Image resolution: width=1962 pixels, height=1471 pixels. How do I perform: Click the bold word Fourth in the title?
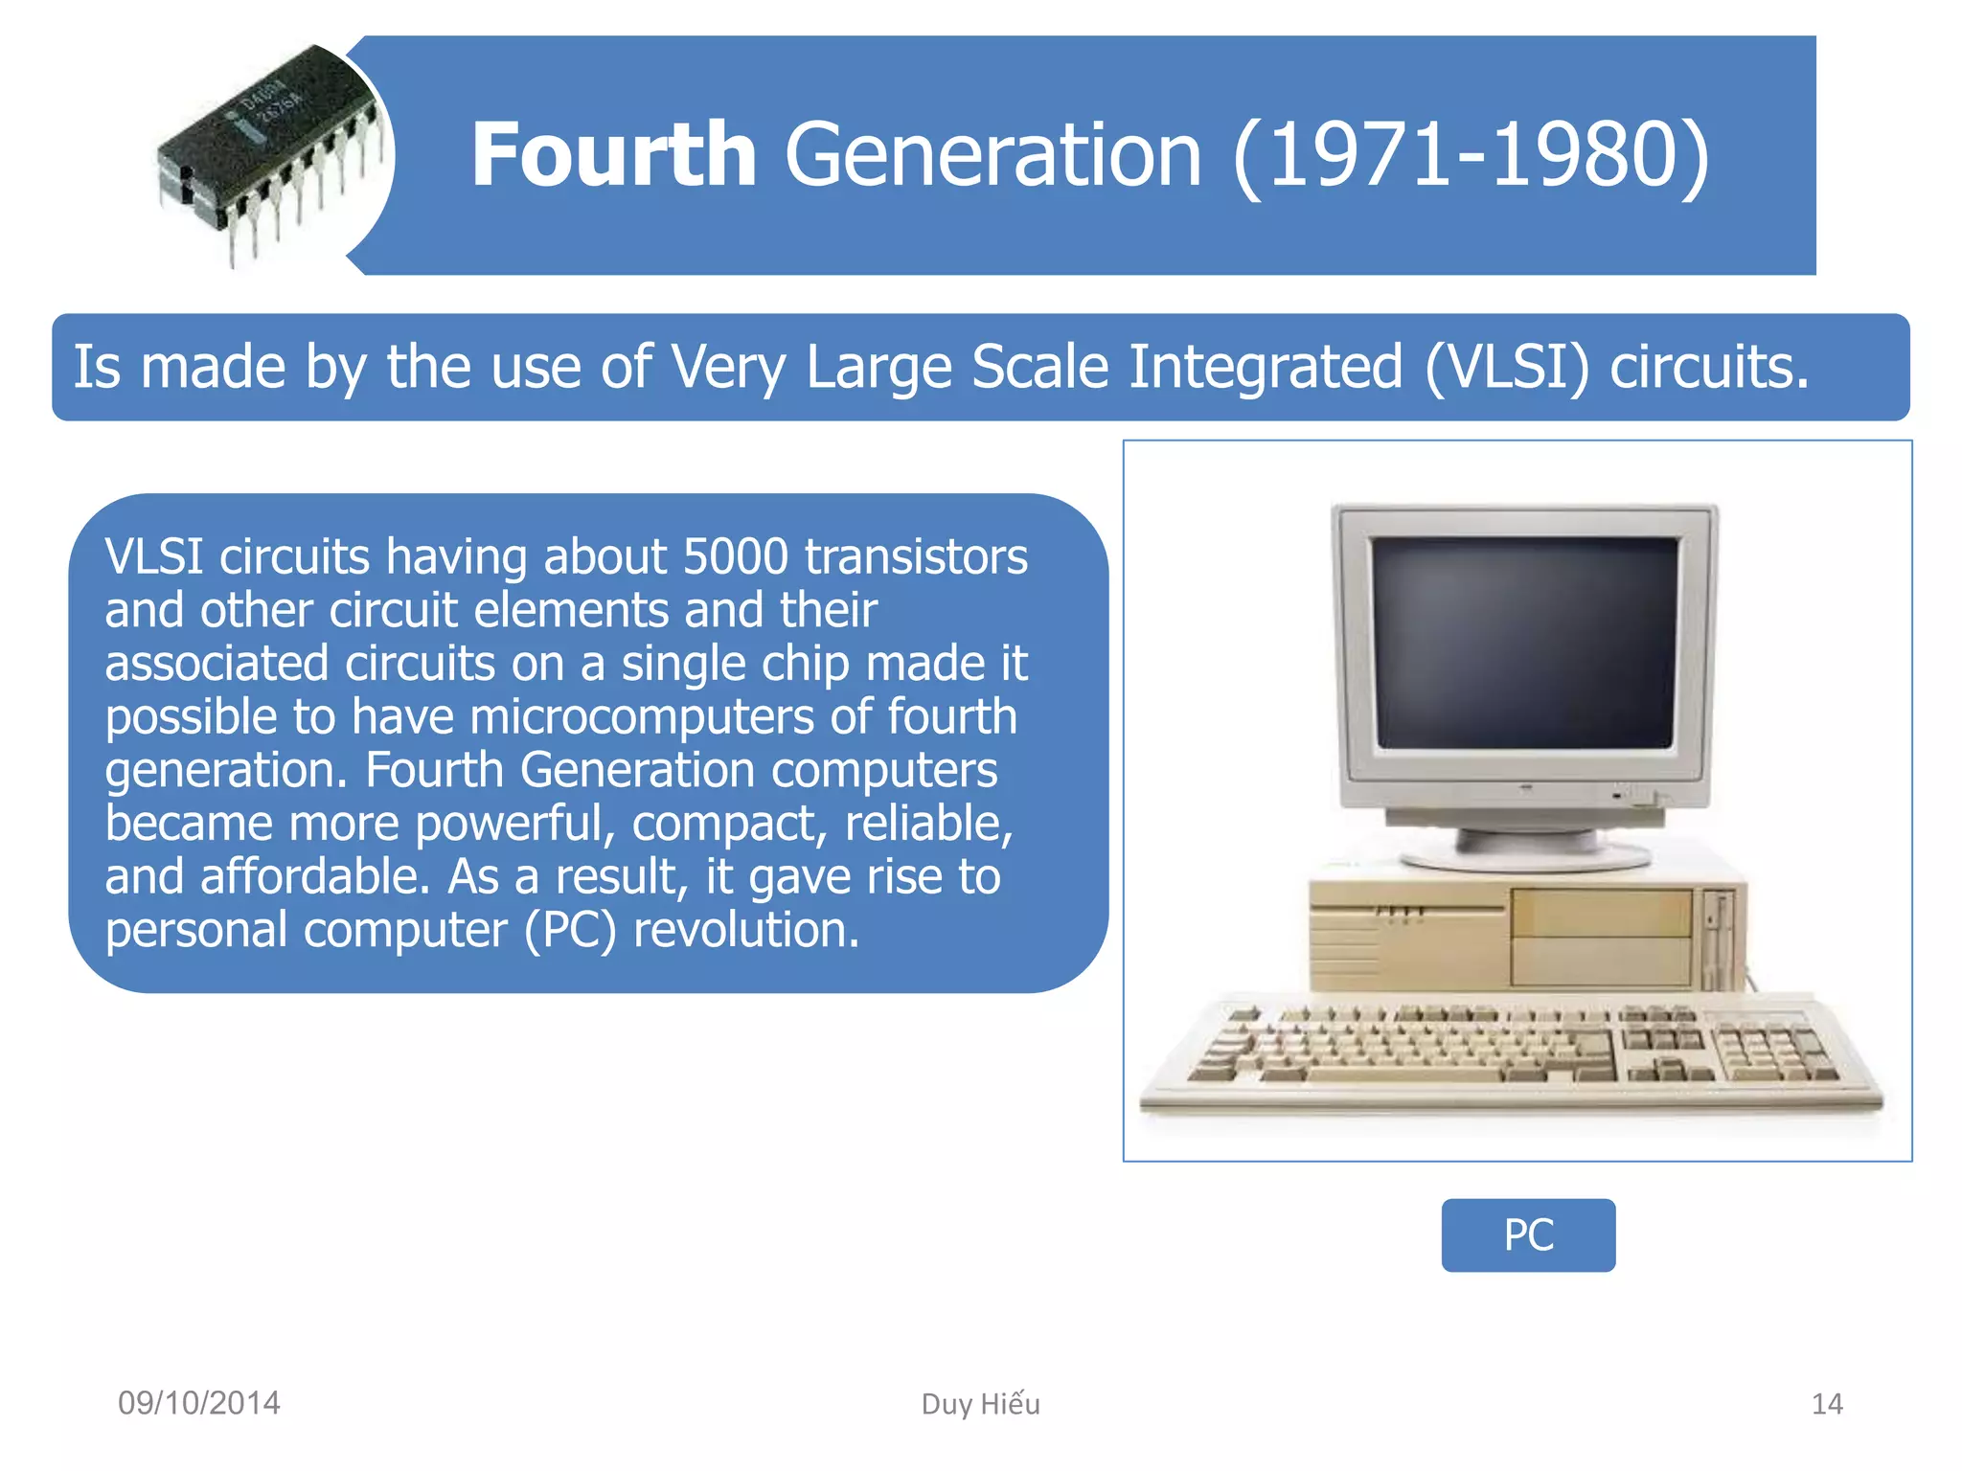click(x=613, y=155)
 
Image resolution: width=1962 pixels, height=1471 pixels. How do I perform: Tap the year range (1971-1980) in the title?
click(x=1471, y=155)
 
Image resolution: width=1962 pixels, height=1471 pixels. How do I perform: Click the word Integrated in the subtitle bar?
click(x=1266, y=368)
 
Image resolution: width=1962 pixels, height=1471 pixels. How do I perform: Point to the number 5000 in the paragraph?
click(x=735, y=556)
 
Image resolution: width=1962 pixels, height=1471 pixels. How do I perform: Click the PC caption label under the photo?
click(x=1528, y=1235)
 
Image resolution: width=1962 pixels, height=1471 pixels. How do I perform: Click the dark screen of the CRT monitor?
click(x=1525, y=642)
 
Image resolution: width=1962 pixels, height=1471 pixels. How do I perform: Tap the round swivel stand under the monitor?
click(x=1525, y=848)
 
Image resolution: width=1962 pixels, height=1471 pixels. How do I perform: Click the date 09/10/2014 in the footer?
click(x=198, y=1403)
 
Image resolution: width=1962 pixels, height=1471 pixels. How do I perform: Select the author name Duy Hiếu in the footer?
click(x=980, y=1404)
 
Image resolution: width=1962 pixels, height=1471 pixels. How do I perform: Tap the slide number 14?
click(x=1826, y=1404)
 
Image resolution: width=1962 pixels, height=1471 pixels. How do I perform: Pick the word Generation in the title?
click(x=993, y=155)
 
